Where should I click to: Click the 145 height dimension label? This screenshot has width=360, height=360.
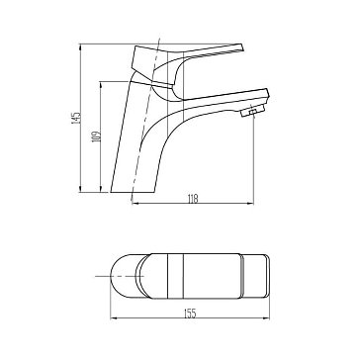point(76,118)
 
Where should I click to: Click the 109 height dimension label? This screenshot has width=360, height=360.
point(97,136)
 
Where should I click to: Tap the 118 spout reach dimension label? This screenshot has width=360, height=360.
point(193,199)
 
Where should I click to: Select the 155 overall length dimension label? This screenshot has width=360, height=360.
point(190,314)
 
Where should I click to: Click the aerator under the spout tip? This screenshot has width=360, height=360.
point(253,111)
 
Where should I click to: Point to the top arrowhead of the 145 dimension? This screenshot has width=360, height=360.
point(80,46)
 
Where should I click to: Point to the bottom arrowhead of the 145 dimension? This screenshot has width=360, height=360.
point(80,189)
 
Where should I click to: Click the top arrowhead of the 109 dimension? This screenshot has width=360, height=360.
point(100,85)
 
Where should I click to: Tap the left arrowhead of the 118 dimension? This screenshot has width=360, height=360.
point(135,204)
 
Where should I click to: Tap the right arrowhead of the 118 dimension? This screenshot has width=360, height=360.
point(250,204)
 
